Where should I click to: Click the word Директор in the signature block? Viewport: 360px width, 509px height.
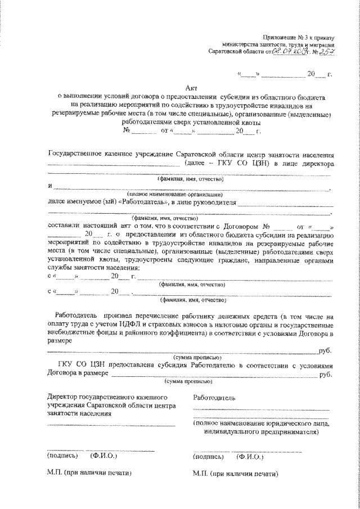pos(62,397)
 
